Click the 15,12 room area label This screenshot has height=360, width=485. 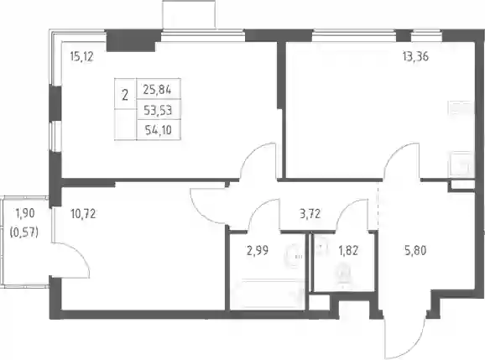pyautogui.click(x=82, y=57)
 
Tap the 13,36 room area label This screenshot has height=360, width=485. pyautogui.click(x=415, y=57)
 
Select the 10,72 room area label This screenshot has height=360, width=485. pyautogui.click(x=83, y=214)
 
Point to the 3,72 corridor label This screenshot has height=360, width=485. pyautogui.click(x=310, y=214)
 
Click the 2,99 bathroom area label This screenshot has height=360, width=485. pyautogui.click(x=258, y=251)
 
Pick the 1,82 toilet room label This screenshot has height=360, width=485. pyautogui.click(x=348, y=251)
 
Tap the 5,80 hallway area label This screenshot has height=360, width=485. pyautogui.click(x=415, y=250)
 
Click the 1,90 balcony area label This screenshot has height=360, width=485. pyautogui.click(x=24, y=213)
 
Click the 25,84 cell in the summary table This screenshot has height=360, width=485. pyautogui.click(x=157, y=90)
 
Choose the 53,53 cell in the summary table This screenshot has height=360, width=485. pyautogui.click(x=158, y=110)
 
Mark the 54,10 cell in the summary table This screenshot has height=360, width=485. pyautogui.click(x=159, y=130)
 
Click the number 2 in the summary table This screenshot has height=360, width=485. pyautogui.click(x=125, y=96)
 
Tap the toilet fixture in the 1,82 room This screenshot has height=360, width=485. pyautogui.click(x=343, y=274)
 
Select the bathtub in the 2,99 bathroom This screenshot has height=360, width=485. pyautogui.click(x=272, y=293)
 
